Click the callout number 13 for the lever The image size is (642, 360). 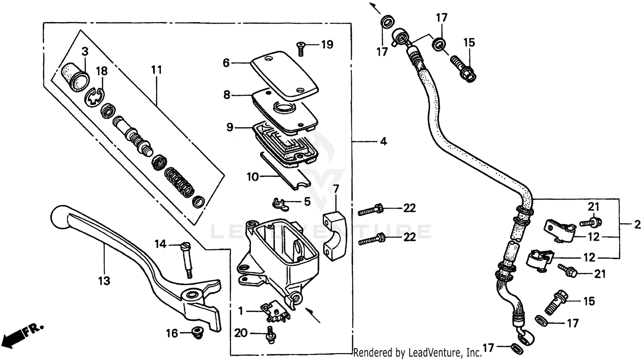104,281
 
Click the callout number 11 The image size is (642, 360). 156,69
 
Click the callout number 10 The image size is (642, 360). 253,176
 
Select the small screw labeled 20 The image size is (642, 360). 270,334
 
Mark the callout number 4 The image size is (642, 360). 383,141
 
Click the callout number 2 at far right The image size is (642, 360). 637,224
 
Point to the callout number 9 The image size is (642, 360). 230,127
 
